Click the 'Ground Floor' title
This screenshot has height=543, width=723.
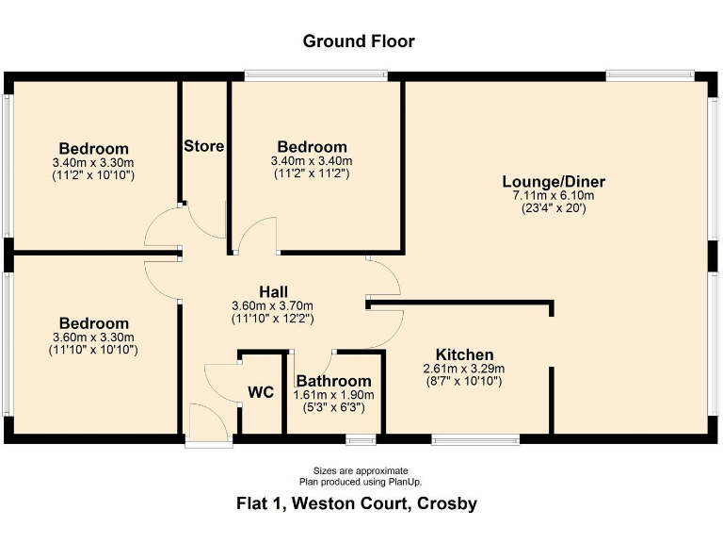(358, 41)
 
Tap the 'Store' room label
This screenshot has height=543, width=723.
(203, 146)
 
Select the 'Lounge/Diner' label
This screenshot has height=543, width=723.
(554, 182)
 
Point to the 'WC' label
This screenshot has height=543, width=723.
(261, 392)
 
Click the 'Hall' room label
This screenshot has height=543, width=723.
(272, 291)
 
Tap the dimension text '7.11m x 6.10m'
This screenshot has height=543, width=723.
(554, 196)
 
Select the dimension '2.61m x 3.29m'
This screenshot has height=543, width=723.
(464, 369)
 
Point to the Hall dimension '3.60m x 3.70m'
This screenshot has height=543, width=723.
(272, 305)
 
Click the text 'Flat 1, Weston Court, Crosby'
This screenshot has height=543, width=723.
(357, 503)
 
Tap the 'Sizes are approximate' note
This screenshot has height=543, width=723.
(361, 470)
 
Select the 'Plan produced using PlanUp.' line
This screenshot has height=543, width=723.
(361, 481)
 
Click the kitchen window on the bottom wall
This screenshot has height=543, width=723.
(475, 438)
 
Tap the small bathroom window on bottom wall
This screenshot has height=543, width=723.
(359, 438)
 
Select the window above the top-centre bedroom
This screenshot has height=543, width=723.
(316, 74)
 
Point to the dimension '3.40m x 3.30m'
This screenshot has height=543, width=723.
(93, 162)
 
